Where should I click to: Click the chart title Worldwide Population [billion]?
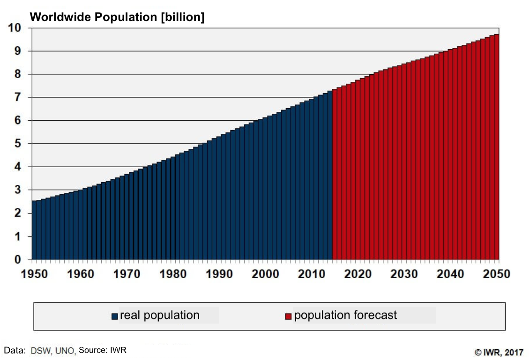[117, 17]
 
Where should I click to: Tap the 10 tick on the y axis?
[15, 28]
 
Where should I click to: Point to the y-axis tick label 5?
[18, 143]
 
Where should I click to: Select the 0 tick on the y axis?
[18, 259]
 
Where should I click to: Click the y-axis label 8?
[18, 74]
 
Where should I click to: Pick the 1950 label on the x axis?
[34, 274]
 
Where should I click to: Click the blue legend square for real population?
[115, 316]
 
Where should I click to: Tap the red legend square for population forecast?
[288, 316]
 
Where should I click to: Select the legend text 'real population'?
[160, 315]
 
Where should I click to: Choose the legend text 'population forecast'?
[345, 315]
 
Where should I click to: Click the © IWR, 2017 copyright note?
[499, 352]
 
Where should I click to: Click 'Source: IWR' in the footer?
[103, 350]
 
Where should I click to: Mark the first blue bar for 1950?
[34, 230]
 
